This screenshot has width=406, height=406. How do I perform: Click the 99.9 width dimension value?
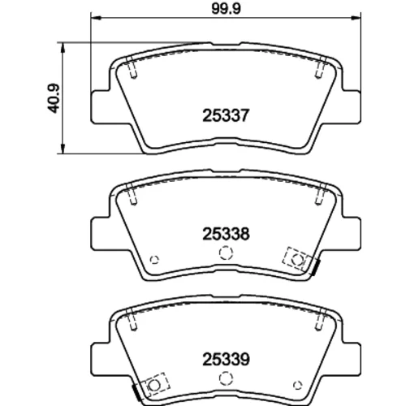[x=226, y=9]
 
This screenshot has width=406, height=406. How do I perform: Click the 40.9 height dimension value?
[x=54, y=98]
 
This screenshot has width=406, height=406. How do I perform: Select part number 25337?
[x=226, y=115]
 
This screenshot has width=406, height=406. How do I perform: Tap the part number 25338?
[x=226, y=234]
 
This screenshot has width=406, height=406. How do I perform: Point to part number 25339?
[x=226, y=360]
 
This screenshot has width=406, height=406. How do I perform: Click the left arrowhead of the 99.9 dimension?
[x=96, y=18]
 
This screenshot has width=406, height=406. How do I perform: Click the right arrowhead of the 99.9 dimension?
[x=356, y=18]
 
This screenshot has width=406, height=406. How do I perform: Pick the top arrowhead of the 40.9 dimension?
[x=63, y=48]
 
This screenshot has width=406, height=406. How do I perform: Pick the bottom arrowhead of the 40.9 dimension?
[x=63, y=149]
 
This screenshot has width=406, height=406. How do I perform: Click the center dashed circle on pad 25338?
[x=226, y=253]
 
